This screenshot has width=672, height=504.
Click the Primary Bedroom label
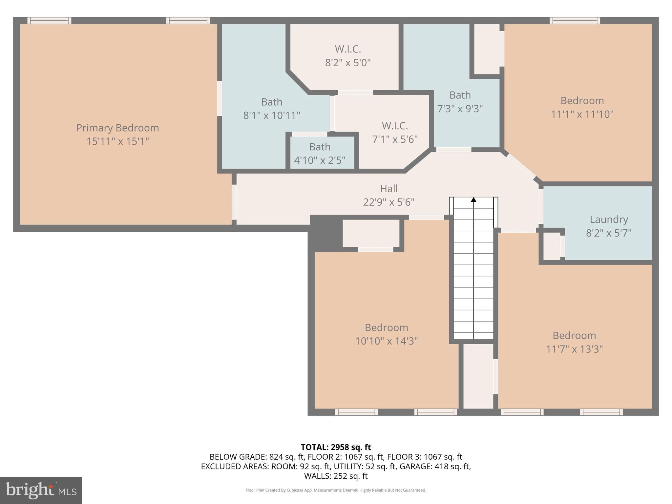point(117,128)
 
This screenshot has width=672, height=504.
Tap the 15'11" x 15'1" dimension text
point(117,141)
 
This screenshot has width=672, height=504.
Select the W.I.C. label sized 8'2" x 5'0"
point(348,49)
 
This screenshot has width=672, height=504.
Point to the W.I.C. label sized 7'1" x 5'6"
point(395,126)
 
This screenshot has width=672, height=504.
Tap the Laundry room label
point(609,219)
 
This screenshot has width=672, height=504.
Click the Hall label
point(389,189)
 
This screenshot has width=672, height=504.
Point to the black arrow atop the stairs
point(473,199)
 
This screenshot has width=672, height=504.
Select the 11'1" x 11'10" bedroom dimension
point(582,114)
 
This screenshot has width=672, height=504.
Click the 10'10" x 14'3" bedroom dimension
point(387,341)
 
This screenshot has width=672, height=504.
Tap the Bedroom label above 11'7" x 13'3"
point(574,335)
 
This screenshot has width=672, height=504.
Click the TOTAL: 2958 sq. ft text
point(336,447)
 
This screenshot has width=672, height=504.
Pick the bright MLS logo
point(41,490)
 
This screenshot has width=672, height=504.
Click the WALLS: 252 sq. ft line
point(336,476)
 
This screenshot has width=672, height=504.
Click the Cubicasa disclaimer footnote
point(336,490)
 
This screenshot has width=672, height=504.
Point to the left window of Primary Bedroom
point(49,21)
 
